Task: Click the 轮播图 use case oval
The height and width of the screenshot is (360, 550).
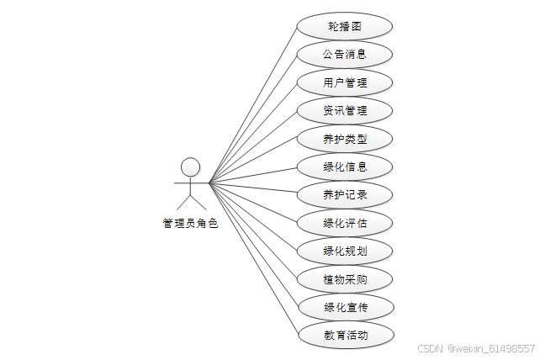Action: (x=345, y=26)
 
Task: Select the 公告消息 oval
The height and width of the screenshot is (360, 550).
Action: (x=345, y=55)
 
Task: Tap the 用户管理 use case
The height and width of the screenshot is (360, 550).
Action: (x=345, y=82)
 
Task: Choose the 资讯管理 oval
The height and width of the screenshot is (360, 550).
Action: (x=345, y=110)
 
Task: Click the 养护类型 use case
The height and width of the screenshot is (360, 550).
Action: (x=345, y=139)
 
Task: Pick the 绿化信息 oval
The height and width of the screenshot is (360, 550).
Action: (x=345, y=167)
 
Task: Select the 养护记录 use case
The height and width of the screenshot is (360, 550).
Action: (x=345, y=194)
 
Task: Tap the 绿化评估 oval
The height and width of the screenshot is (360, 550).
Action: (x=345, y=223)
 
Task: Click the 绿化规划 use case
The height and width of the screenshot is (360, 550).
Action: (x=345, y=251)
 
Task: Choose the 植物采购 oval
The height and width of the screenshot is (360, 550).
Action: (x=345, y=278)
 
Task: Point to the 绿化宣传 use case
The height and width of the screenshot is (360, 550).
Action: (x=345, y=307)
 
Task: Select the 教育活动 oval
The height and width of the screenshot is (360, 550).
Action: (x=345, y=335)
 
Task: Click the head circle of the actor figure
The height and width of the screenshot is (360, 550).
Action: (x=191, y=166)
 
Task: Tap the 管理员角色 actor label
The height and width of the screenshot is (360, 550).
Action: (x=190, y=224)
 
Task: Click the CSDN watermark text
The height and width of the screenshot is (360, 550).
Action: (x=430, y=348)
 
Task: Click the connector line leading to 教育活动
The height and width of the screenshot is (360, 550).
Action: (x=252, y=257)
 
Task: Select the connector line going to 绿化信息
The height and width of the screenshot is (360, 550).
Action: (x=252, y=174)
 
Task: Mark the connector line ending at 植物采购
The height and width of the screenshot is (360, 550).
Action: (x=252, y=228)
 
